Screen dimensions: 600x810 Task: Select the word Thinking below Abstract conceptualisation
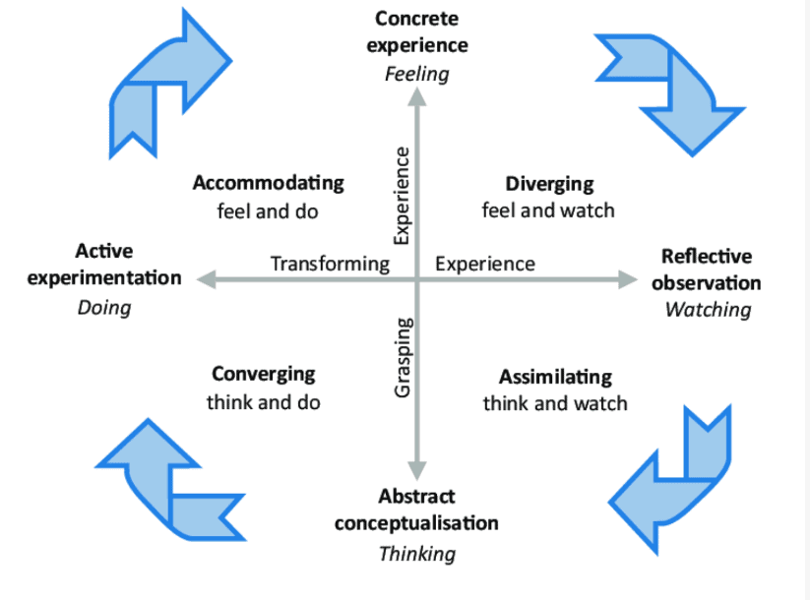click(417, 553)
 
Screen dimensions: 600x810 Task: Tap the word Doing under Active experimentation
click(103, 307)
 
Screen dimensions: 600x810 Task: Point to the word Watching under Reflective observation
click(708, 310)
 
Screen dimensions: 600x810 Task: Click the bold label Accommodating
click(269, 183)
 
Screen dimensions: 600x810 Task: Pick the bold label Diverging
click(549, 183)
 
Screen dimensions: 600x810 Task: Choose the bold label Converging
click(264, 374)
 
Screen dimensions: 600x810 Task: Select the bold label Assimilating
click(555, 377)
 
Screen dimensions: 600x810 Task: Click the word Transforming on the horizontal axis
click(330, 264)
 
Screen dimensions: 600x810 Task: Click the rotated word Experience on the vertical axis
click(402, 195)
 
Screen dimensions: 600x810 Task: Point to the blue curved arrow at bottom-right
click(674, 475)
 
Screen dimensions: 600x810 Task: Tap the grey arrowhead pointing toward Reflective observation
click(627, 279)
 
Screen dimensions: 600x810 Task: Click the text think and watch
click(555, 403)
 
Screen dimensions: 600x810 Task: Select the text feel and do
click(268, 210)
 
